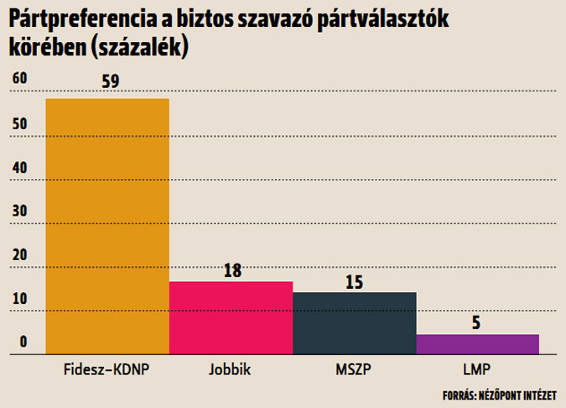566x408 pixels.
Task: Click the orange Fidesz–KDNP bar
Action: tap(107, 227)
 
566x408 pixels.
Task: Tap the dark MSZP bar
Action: tap(354, 323)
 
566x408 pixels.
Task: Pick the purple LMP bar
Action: tap(477, 344)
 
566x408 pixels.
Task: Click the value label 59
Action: tap(110, 81)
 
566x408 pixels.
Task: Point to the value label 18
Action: tap(233, 270)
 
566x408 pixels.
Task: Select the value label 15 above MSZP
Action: tap(354, 281)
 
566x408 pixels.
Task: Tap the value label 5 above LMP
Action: tap(475, 322)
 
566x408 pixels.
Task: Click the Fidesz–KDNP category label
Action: tap(106, 369)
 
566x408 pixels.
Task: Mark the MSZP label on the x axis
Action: tap(354, 369)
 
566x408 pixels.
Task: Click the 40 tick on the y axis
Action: tap(19, 167)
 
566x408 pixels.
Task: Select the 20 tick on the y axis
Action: tap(19, 254)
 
